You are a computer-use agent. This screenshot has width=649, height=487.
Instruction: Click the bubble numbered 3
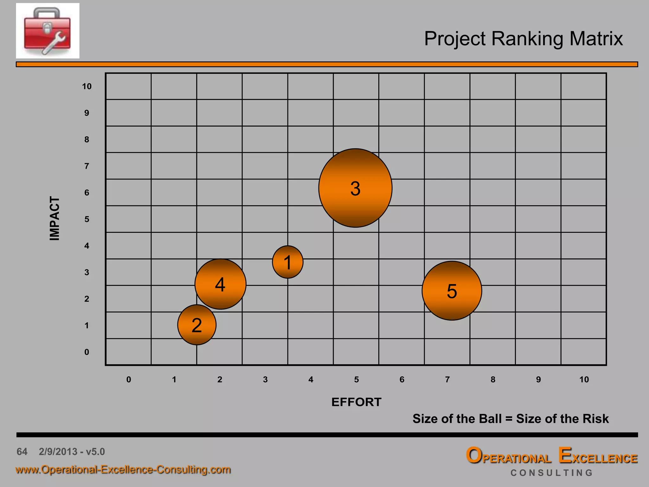point(355,188)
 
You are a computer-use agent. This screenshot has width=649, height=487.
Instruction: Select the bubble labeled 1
point(288,262)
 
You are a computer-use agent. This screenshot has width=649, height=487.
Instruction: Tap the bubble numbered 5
point(452,290)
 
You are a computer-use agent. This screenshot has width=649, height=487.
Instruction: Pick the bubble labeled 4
point(220,284)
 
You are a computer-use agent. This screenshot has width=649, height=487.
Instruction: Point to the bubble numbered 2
point(197,325)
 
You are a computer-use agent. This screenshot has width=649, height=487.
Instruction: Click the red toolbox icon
point(48,31)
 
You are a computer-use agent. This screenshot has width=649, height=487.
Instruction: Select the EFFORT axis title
point(356,402)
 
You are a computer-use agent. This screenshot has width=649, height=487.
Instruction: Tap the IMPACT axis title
point(55,218)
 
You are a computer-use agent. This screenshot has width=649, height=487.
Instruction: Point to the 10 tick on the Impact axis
point(87,86)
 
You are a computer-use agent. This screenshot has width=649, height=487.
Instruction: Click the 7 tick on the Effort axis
point(447,380)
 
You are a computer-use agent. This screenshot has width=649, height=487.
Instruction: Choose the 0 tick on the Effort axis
point(129,380)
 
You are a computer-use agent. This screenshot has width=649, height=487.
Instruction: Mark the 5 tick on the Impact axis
point(87,219)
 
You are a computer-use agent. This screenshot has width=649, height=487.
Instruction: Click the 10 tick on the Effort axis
point(584,380)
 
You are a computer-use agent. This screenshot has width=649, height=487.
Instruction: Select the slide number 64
point(22,451)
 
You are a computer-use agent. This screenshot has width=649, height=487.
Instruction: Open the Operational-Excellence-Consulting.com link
point(123,470)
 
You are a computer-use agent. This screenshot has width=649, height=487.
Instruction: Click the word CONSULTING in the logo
point(551,473)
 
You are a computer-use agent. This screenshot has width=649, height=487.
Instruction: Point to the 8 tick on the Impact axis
point(87,140)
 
